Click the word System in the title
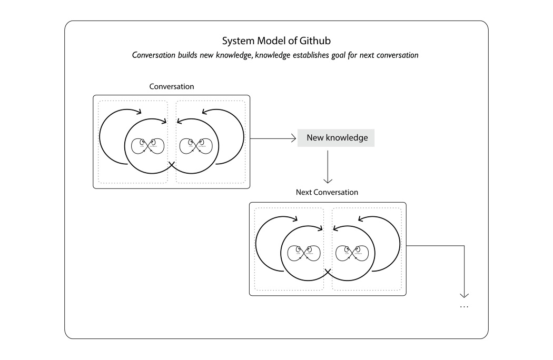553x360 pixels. pyautogui.click(x=237, y=41)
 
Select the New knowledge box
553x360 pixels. pyautogui.click(x=336, y=138)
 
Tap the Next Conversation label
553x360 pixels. pyautogui.click(x=327, y=192)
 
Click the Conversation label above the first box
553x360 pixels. pyautogui.click(x=171, y=86)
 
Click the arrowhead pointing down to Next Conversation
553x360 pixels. pyautogui.click(x=328, y=180)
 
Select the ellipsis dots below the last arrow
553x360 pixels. pyautogui.click(x=464, y=306)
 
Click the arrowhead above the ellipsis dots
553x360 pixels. pyautogui.click(x=464, y=295)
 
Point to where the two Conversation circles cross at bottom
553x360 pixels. pyautogui.click(x=171, y=165)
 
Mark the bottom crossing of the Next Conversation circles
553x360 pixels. pyautogui.click(x=327, y=273)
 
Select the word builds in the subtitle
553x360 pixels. pyautogui.click(x=188, y=55)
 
